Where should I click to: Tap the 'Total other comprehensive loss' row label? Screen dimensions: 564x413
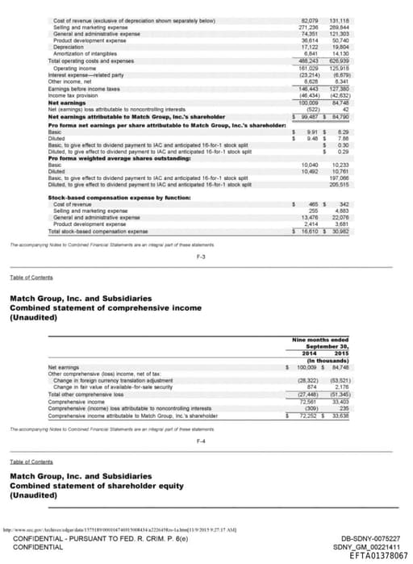(85, 393)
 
